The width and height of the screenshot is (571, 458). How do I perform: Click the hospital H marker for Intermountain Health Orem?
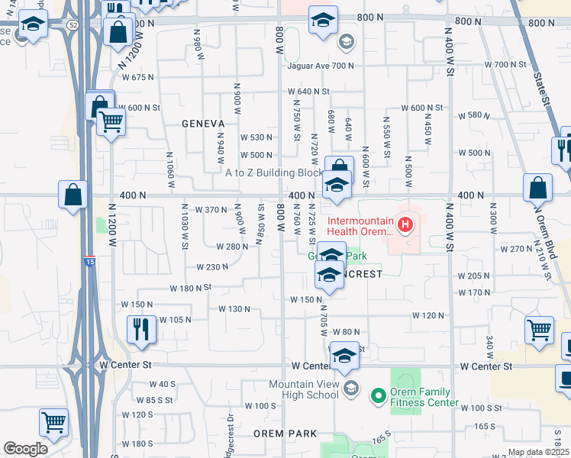pyautogui.click(x=405, y=225)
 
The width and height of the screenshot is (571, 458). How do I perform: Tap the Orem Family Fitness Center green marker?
pyautogui.click(x=377, y=395)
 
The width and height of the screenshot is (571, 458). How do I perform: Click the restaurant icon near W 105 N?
pyautogui.click(x=141, y=329)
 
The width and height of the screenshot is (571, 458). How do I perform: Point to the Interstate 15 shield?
pyautogui.click(x=90, y=261)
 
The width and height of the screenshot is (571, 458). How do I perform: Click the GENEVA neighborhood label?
pyautogui.click(x=203, y=124)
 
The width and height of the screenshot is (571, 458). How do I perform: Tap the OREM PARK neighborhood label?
pyautogui.click(x=285, y=434)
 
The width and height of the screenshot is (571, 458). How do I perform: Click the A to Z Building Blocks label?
pyautogui.click(x=274, y=173)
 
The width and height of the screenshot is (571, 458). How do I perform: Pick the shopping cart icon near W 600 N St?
pyautogui.click(x=111, y=121)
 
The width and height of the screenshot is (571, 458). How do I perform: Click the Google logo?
pyautogui.click(x=25, y=449)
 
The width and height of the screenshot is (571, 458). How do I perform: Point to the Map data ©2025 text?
pyautogui.click(x=539, y=453)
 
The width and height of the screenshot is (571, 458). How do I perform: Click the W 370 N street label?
pyautogui.click(x=211, y=210)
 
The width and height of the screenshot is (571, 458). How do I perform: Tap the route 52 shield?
pyautogui.click(x=72, y=25)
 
